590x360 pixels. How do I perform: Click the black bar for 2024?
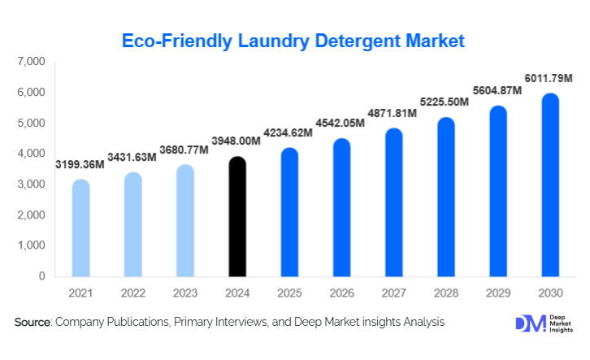pos(236,217)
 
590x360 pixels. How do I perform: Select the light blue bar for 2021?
pos(80,228)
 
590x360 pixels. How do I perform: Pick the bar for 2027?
pos(393,202)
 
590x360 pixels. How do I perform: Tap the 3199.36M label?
pos(80,165)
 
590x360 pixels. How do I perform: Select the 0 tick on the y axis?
pos(41,276)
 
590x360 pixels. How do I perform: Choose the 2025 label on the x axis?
pos(289,293)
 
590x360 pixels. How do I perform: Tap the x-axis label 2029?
pos(497,293)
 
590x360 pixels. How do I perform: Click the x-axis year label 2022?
pos(132,293)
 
